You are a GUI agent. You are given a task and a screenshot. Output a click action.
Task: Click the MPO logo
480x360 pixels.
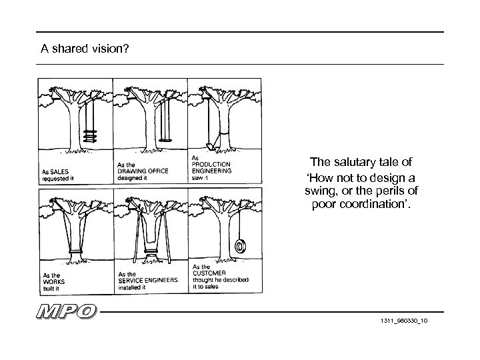click(x=67, y=312)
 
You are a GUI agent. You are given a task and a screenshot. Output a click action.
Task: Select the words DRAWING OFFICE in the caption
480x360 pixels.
click(x=143, y=171)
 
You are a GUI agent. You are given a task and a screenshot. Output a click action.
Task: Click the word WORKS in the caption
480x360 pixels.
click(x=53, y=282)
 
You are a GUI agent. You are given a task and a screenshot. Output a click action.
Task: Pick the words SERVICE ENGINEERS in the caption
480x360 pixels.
click(x=147, y=281)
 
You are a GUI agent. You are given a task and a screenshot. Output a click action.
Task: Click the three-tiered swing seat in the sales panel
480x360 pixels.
click(x=88, y=135)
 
